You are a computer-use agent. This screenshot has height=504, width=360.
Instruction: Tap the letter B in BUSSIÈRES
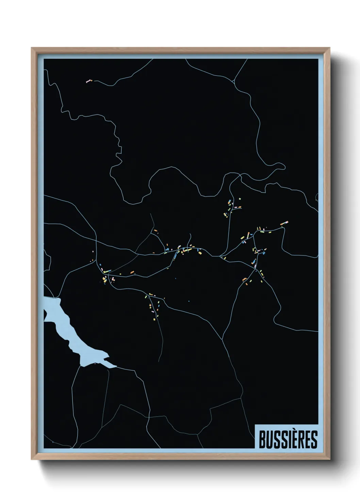click(263, 439)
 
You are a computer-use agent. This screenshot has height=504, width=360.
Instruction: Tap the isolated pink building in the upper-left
click(89, 81)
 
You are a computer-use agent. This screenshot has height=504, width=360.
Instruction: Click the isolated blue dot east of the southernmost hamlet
click(189, 301)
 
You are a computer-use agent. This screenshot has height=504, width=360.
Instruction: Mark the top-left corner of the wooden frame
click(32, 48)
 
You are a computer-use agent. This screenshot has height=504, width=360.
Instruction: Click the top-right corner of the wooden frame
click(330, 48)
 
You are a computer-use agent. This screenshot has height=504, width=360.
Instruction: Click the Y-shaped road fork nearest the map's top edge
click(234, 81)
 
